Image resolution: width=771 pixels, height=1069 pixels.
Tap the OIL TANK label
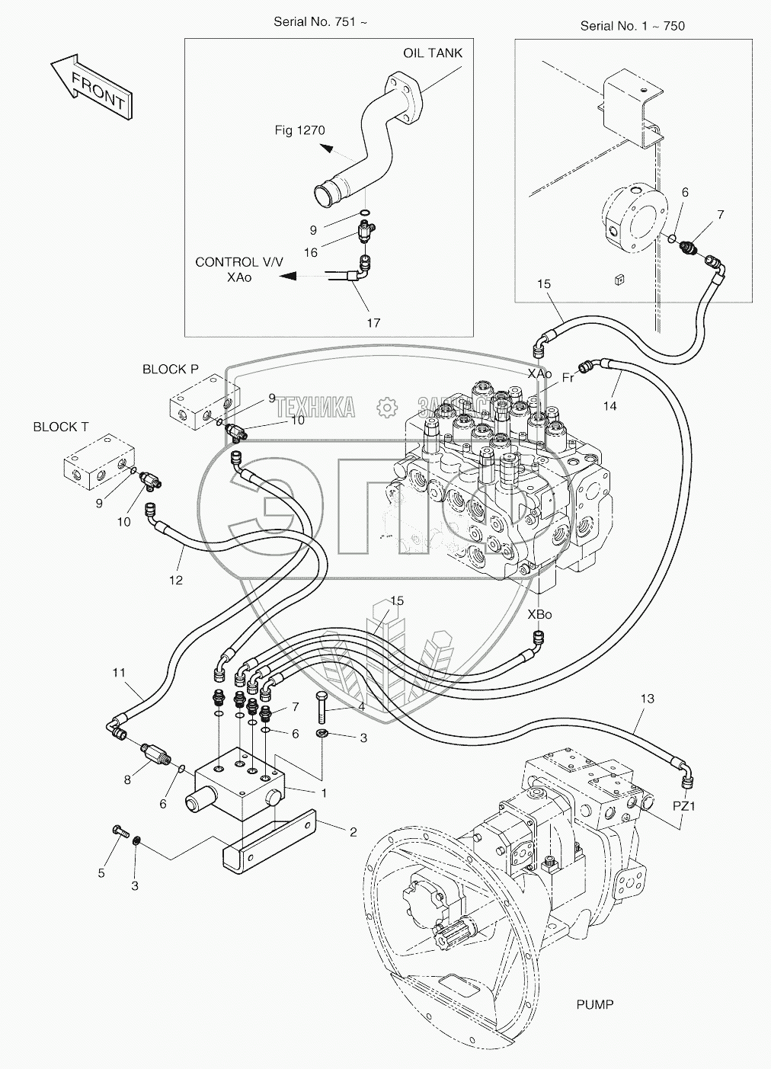click(432, 53)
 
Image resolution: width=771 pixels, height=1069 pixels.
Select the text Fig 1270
click(299, 130)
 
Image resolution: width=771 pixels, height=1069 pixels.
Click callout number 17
click(373, 323)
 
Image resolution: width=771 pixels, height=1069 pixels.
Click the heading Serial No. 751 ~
click(320, 21)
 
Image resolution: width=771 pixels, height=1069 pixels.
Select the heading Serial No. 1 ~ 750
click(632, 26)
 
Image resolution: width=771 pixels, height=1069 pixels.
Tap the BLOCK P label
click(170, 370)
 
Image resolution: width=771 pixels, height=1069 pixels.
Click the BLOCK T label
click(60, 427)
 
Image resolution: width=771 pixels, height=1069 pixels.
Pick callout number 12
click(176, 580)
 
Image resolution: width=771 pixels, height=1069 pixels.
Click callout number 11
click(118, 673)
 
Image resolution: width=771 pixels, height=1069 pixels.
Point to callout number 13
click(648, 699)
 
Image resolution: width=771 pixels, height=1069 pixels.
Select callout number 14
click(609, 406)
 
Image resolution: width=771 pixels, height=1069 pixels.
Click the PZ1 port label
click(684, 805)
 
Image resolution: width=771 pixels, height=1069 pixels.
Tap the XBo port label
click(539, 614)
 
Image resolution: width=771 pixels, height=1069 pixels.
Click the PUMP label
click(594, 1005)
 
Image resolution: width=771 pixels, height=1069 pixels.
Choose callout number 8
click(128, 779)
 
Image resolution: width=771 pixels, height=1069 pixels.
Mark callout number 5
click(101, 874)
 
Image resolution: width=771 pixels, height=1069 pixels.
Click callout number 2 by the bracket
click(353, 832)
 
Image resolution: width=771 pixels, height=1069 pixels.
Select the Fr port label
click(568, 377)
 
